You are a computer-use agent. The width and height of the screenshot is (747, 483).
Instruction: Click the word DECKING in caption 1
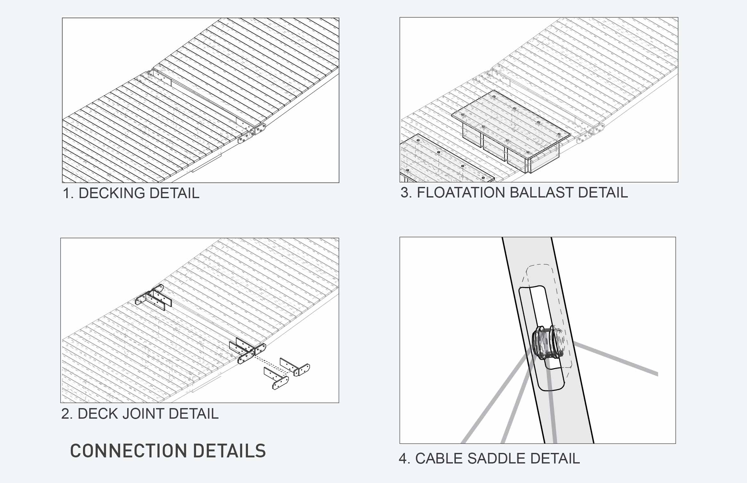[x=112, y=193]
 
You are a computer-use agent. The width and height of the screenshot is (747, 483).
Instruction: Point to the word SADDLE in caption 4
[x=497, y=458]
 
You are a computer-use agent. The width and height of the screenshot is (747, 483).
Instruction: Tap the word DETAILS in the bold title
[x=229, y=451]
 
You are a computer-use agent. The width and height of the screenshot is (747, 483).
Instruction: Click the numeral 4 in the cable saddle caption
[x=403, y=459]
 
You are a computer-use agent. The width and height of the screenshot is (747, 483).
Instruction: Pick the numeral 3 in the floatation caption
[x=405, y=193]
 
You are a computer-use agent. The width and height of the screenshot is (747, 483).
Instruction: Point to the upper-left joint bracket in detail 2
[x=153, y=297]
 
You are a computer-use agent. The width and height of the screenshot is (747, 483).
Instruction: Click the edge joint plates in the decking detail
[x=252, y=133]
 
